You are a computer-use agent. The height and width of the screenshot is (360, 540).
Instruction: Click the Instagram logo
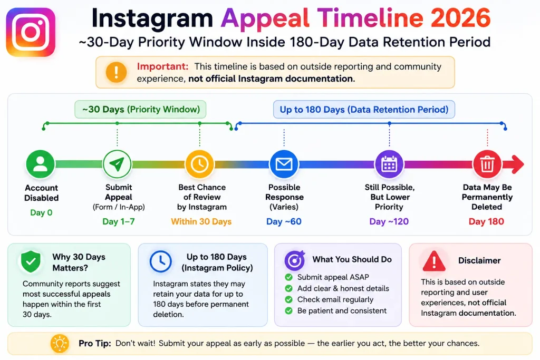point(31,32)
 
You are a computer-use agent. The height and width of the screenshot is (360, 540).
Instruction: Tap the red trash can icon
point(487,164)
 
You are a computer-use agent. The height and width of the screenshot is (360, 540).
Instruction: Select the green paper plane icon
point(117,164)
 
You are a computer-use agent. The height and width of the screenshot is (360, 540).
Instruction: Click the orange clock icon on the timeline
point(200,164)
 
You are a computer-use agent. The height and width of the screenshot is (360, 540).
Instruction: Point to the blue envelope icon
point(284,164)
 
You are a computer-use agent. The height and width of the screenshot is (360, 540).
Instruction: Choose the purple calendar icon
point(389,164)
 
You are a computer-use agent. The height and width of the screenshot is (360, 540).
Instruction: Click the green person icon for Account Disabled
point(40,164)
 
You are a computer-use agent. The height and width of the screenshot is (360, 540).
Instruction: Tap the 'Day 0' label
point(41,213)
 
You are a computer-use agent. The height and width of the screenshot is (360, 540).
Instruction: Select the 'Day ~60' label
point(284,222)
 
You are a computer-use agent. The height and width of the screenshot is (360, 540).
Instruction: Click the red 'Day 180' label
point(486,222)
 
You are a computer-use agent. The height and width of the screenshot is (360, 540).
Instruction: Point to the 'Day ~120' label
point(389,222)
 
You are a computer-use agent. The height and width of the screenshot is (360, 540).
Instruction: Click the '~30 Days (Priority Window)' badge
point(140,110)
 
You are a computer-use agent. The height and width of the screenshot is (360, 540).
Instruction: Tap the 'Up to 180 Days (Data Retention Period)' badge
point(364,110)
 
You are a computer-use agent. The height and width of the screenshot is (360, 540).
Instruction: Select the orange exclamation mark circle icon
point(116,72)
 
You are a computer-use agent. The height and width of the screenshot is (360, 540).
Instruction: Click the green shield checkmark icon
point(31,261)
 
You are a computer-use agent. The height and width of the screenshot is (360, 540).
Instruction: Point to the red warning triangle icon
point(434,261)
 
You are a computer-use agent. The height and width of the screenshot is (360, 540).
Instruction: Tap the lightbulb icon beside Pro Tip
point(60,343)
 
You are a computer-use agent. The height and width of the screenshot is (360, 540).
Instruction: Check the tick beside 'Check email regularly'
point(288,300)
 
